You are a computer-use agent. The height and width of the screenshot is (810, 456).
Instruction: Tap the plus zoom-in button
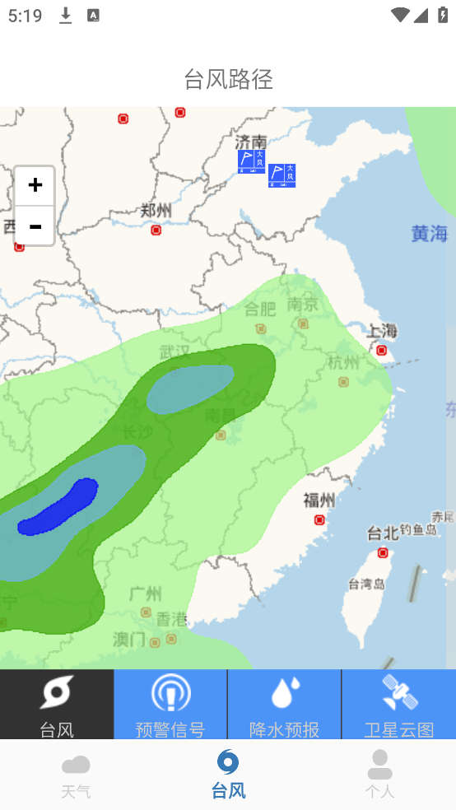point(35,185)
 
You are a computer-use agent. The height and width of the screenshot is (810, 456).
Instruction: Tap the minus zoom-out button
point(35,226)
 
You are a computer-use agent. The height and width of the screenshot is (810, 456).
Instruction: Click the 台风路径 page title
point(228,79)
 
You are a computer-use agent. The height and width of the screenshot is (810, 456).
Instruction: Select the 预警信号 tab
point(170,705)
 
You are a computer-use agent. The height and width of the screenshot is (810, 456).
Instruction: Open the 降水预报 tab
point(284,705)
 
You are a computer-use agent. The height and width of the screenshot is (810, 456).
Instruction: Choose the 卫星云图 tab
point(398,705)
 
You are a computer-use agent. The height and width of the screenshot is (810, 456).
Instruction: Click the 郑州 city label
point(156,211)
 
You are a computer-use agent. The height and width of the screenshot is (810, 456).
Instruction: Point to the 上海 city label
point(382,331)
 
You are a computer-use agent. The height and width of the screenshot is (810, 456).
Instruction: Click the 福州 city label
point(319,500)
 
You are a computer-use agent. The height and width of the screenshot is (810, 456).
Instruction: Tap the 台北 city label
point(383,533)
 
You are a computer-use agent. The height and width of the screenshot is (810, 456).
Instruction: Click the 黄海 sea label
point(429,234)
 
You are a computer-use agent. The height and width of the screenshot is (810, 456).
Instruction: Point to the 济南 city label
point(250,142)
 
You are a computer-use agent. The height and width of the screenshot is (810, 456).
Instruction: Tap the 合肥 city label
point(260,310)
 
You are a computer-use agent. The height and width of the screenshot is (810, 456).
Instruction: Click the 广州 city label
point(146,594)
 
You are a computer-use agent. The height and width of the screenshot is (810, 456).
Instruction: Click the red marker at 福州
point(319,519)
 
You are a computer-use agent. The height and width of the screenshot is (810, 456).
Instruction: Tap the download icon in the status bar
point(66,16)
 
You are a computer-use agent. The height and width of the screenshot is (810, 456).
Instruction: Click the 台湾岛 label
point(366,584)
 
